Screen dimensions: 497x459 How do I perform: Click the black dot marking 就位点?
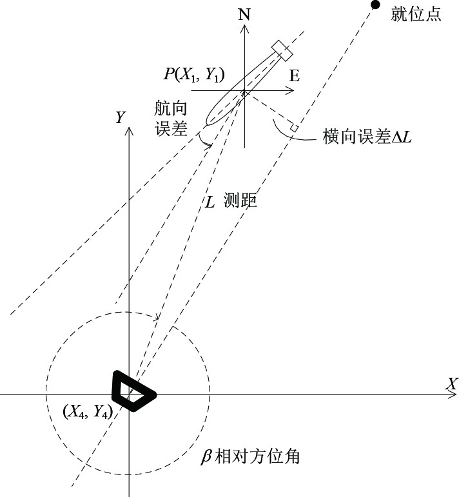[375, 5]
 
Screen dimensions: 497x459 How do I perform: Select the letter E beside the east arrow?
[294, 76]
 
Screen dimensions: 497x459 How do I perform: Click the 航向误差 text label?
[171, 117]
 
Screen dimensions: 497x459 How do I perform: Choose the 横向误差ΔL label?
[367, 137]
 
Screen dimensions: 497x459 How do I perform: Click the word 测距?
[240, 201]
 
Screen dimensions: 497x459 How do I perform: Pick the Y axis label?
[119, 117]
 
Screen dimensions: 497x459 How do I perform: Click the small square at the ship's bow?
[281, 48]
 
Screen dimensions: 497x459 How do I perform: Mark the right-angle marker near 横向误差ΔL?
[294, 129]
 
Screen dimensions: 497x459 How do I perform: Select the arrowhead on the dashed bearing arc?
[157, 317]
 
